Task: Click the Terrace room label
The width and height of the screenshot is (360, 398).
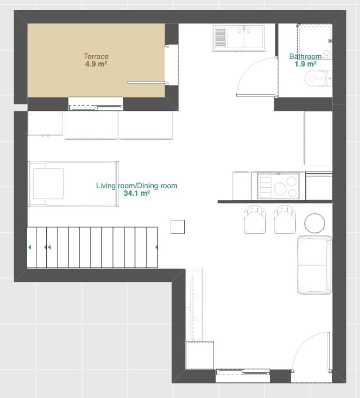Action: point(96,56)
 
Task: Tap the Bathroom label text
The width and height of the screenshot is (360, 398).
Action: point(305,56)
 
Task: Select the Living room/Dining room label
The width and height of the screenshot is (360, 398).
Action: point(137,185)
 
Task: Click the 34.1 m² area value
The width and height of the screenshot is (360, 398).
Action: point(137,193)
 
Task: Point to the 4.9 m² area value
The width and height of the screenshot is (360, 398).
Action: point(96,64)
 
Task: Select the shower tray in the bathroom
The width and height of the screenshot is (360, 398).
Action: point(315,41)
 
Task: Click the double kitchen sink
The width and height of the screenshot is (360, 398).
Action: point(239,38)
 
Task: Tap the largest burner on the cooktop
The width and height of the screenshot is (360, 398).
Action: point(280,189)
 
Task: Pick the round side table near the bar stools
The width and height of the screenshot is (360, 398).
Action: point(315,223)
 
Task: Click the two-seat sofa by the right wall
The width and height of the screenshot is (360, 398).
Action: point(314,265)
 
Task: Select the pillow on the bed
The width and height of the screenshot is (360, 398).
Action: point(48,184)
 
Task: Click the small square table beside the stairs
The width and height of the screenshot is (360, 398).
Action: point(178,227)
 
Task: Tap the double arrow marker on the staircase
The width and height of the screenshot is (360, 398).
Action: point(47,247)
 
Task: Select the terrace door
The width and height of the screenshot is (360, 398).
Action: point(147,82)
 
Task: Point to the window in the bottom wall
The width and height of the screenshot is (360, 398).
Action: point(243,372)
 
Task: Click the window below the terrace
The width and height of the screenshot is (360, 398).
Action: point(96,108)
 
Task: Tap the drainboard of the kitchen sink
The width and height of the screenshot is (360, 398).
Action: point(220,38)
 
